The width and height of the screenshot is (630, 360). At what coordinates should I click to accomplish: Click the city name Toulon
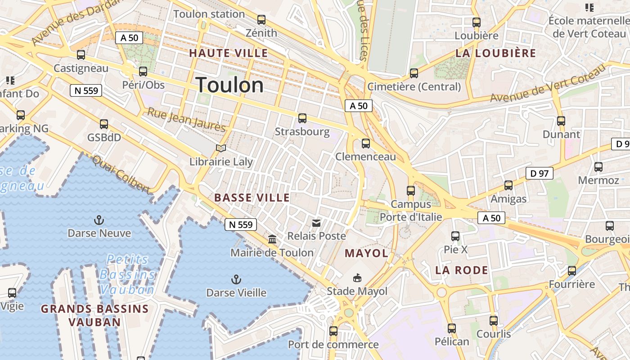229,85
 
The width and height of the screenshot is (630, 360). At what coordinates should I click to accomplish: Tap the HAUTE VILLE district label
229,53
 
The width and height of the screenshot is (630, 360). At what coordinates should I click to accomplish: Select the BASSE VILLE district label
252,198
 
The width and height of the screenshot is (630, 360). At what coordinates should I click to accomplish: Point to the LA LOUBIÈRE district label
496,53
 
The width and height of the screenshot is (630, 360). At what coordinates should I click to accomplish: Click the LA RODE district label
462,270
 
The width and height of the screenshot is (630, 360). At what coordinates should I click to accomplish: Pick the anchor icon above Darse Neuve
99,220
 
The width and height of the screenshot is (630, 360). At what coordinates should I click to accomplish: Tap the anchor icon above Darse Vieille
236,279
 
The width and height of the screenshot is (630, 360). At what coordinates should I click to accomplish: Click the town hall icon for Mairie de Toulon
272,239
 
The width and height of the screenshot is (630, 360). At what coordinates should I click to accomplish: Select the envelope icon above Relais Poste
317,223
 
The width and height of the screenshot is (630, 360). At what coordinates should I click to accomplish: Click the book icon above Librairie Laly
221,148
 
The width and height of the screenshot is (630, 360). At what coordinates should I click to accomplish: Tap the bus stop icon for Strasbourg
302,118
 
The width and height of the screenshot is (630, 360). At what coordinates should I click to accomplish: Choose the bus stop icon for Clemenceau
366,144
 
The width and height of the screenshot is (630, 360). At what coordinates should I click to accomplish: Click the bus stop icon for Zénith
261,20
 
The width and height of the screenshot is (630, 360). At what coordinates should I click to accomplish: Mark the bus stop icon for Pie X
455,236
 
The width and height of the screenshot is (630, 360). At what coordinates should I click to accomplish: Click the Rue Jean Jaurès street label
186,120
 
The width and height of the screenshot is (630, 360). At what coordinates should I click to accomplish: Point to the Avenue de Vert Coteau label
548,84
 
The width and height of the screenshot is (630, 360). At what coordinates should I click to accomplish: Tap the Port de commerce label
333,345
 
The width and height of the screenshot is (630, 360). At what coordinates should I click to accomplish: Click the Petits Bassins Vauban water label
128,274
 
